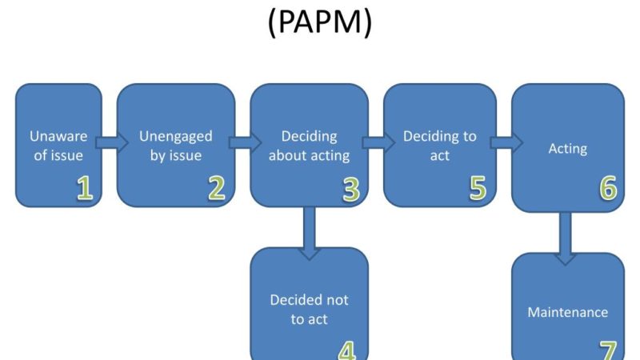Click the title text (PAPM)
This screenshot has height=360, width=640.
(320, 24)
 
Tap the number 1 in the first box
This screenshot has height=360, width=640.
(85, 187)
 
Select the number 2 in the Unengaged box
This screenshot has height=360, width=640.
(217, 187)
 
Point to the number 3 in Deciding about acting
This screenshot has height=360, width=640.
(350, 188)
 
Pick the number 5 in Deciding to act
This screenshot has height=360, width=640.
(478, 187)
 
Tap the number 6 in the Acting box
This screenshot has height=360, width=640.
(608, 188)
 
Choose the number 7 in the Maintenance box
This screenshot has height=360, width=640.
(608, 350)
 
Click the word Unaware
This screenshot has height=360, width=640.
(58, 136)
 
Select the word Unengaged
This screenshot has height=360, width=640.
(176, 136)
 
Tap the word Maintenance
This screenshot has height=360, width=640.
(568, 312)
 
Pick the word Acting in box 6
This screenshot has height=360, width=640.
(568, 148)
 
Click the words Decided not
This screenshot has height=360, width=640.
(309, 300)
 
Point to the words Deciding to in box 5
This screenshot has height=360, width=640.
(440, 136)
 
